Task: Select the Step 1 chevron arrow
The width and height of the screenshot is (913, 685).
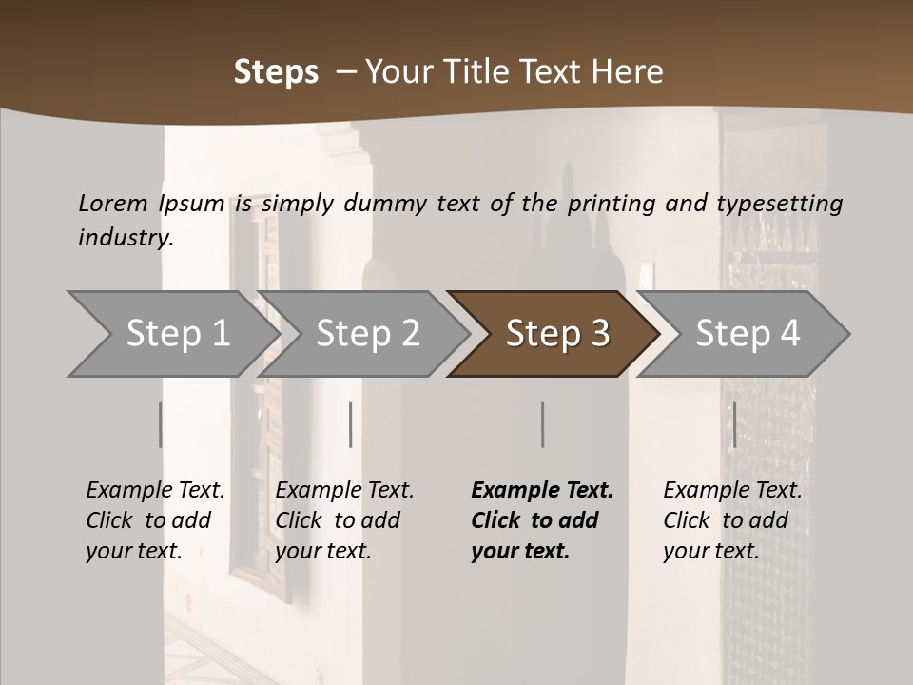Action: point(171,334)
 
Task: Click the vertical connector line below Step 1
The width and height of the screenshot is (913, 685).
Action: point(161,424)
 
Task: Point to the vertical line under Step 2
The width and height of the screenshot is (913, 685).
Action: point(351,424)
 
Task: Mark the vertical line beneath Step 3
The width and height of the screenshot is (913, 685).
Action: point(543,424)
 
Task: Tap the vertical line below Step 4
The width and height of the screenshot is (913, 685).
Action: point(734,424)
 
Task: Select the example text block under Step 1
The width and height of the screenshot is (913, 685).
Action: point(154,520)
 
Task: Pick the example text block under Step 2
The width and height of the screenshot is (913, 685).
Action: point(343,520)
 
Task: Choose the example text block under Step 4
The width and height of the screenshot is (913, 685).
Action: point(731,520)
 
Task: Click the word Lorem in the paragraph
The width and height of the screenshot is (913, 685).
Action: point(113,204)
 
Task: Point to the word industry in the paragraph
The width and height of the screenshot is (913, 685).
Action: point(126,238)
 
